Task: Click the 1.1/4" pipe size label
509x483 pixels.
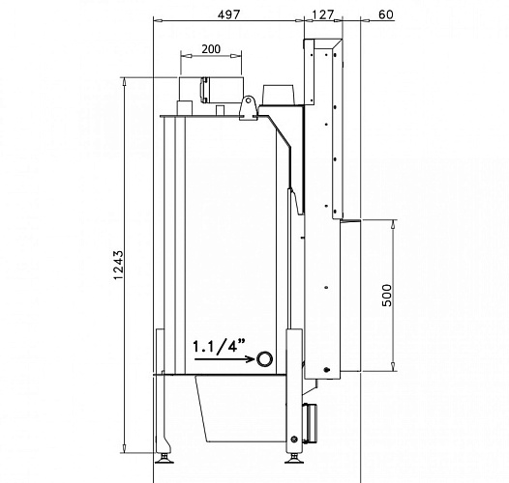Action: [x=218, y=345]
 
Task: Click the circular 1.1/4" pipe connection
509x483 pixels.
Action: [x=264, y=360]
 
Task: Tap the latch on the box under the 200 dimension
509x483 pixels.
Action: [x=204, y=89]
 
